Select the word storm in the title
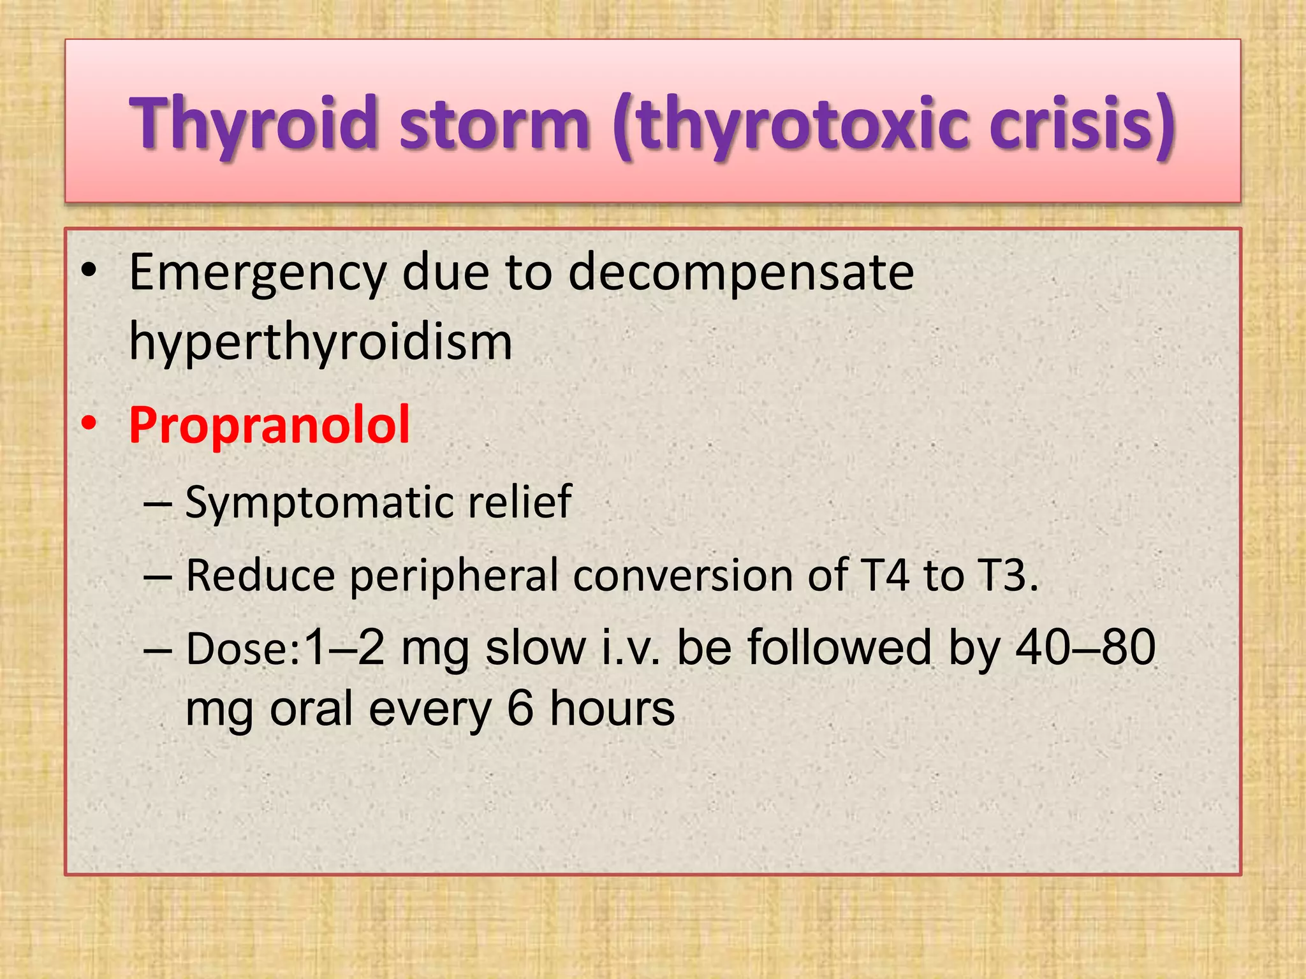[x=494, y=122]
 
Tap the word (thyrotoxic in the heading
[x=791, y=122]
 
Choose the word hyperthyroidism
[x=321, y=342]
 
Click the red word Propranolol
[x=269, y=424]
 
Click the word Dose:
[x=243, y=649]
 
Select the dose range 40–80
[x=1085, y=648]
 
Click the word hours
[x=612, y=708]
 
